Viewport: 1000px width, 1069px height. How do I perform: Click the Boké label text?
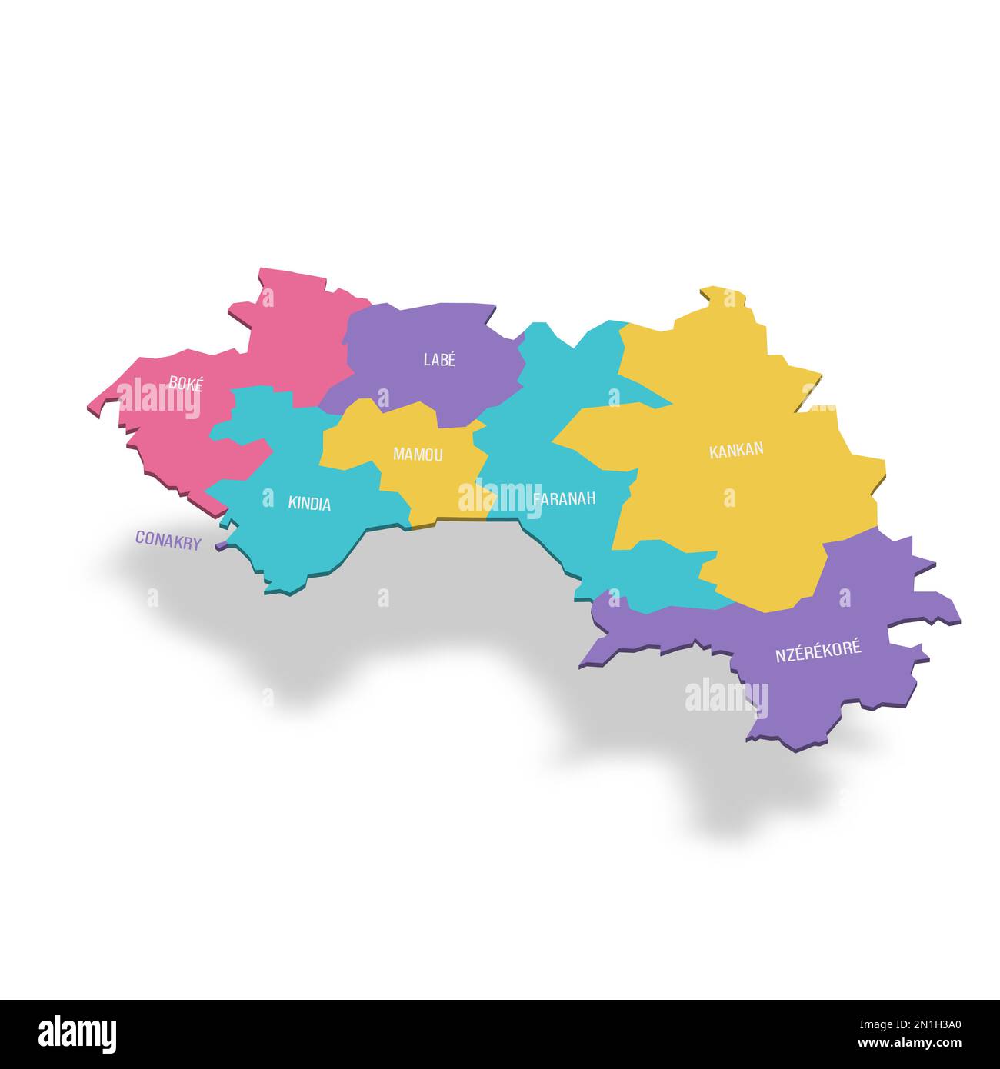(x=185, y=384)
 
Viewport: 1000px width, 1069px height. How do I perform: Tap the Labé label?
(x=439, y=359)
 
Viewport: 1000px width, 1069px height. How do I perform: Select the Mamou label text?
(x=418, y=455)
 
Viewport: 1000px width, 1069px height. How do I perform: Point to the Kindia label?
(x=309, y=505)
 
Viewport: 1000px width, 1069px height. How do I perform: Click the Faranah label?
(x=565, y=499)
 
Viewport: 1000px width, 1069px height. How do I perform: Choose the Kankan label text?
(x=736, y=451)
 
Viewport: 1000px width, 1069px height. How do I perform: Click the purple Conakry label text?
(x=168, y=541)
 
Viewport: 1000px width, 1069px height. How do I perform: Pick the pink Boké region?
(x=292, y=323)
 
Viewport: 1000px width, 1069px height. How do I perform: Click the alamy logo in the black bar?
(x=77, y=1033)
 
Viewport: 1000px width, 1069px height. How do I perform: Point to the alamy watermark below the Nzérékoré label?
(x=726, y=698)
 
